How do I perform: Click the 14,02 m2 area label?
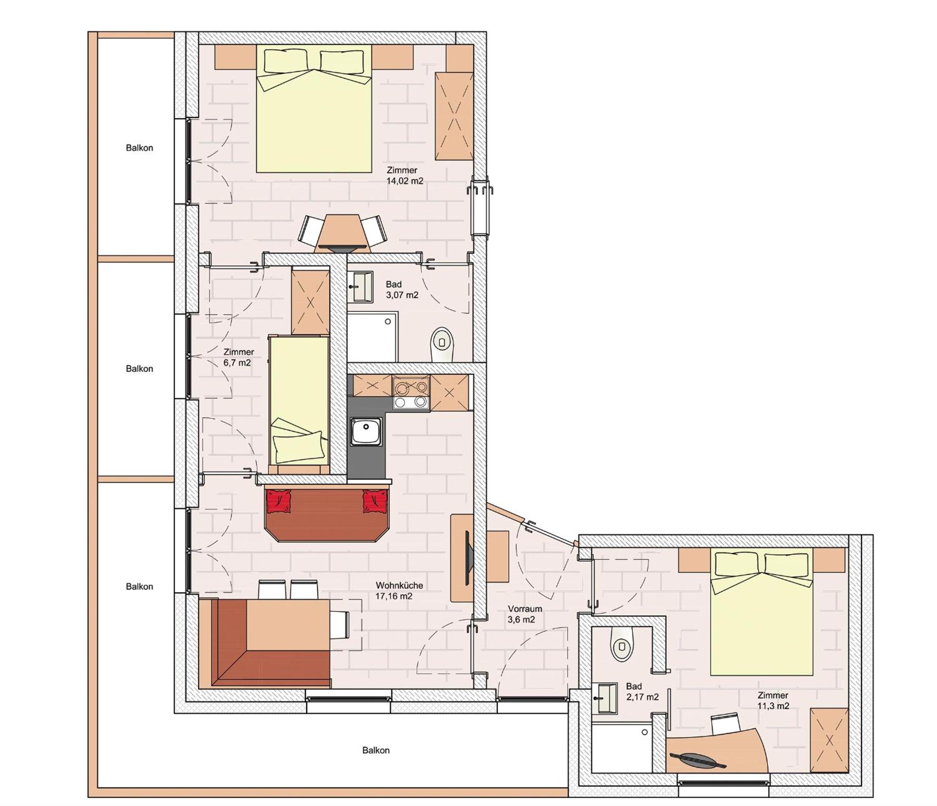[x=405, y=181]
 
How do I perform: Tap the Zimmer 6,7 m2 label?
[x=238, y=357]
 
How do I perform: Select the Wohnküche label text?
[x=399, y=585]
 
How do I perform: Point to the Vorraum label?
[x=524, y=609]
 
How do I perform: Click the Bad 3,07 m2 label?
[x=402, y=290]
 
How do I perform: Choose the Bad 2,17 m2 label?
[x=642, y=692]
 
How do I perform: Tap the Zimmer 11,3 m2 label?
[x=773, y=700]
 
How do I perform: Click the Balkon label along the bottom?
[x=376, y=750]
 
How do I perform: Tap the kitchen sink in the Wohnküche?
[x=366, y=431]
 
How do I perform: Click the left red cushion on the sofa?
[x=280, y=501]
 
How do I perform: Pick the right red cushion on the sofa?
[x=375, y=501]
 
